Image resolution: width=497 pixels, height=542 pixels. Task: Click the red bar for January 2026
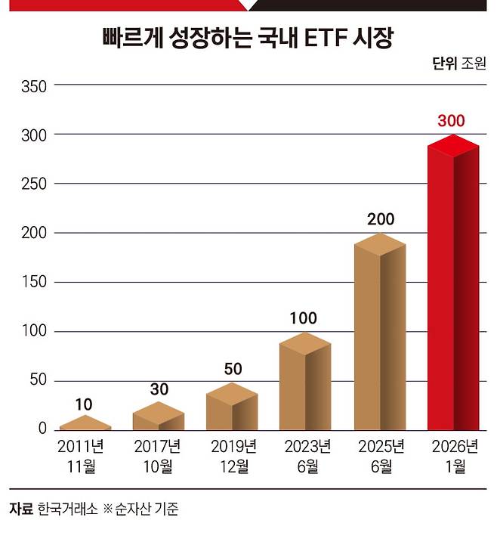point(453,283)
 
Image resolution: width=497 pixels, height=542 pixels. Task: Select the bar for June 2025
point(380,332)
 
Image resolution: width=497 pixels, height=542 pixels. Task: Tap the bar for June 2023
point(305,381)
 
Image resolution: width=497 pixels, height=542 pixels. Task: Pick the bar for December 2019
point(232,407)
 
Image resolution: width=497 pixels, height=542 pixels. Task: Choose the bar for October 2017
point(159,417)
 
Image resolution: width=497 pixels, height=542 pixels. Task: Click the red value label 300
point(451,121)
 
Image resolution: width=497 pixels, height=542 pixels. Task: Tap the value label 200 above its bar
point(381,219)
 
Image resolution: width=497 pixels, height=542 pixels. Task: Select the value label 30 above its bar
point(159,389)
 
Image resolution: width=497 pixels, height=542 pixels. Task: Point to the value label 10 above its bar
point(84,404)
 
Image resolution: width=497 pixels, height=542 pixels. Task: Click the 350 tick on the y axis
point(34,86)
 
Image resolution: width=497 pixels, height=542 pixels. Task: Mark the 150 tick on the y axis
point(34,282)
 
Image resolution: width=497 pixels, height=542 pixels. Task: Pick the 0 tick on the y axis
point(42,429)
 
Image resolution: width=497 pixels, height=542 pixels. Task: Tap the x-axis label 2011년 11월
point(81,457)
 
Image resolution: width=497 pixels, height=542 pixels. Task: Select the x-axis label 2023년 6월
point(307,457)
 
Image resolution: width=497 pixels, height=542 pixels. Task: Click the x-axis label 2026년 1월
point(455,457)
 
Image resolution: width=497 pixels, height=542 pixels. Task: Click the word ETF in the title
point(326,37)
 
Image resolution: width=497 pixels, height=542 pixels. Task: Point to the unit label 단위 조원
point(459,63)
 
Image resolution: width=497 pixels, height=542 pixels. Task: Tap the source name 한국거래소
point(68,509)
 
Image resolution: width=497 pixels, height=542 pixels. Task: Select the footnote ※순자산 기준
point(141,509)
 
